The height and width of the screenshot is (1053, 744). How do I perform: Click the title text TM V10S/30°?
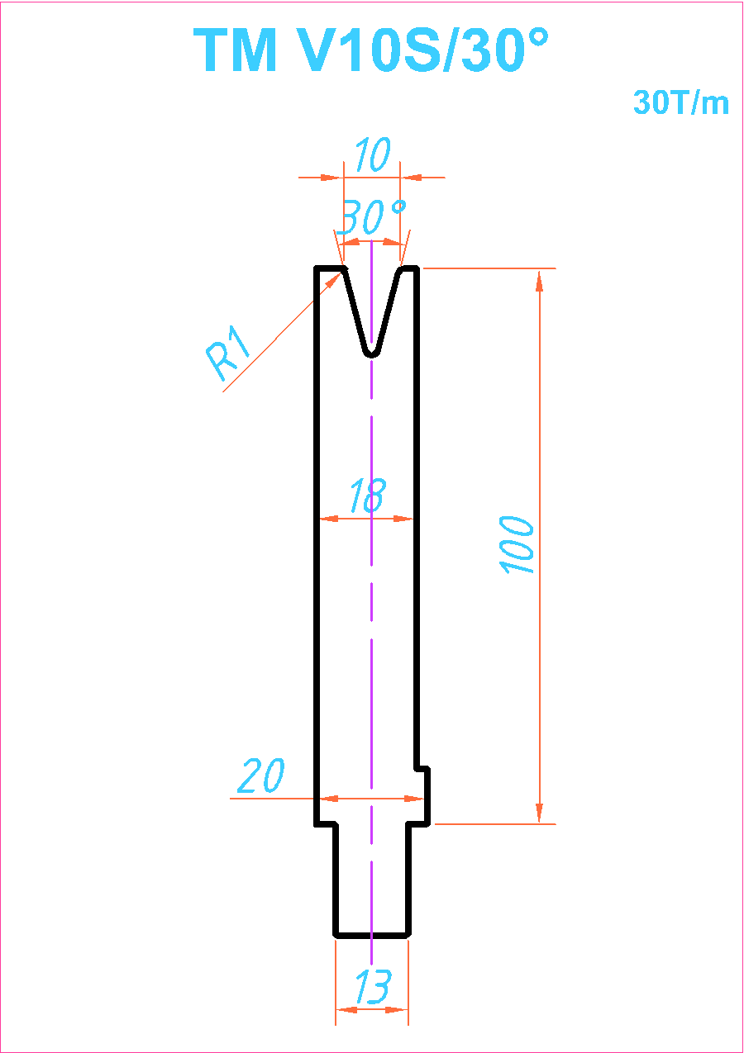(371, 50)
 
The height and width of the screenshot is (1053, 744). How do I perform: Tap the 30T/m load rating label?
(681, 102)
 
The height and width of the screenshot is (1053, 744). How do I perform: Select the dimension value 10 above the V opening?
(372, 154)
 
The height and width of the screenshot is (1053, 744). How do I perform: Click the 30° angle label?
(373, 216)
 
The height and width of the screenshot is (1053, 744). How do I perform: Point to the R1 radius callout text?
(227, 352)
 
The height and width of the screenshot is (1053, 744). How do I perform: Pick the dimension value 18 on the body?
(368, 495)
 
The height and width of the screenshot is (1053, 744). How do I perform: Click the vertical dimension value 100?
(517, 545)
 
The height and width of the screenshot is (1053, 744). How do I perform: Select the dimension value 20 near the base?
(260, 776)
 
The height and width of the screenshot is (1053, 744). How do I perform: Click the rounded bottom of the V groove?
(372, 353)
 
